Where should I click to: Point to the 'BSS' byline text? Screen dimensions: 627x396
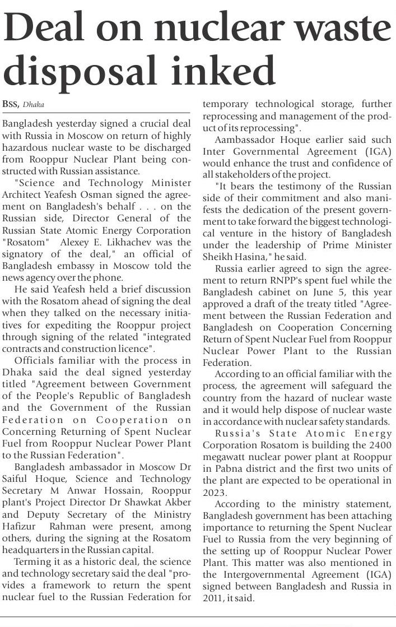(11, 105)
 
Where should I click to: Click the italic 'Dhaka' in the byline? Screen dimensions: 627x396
(34, 105)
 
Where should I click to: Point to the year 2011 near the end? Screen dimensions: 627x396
(213, 598)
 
